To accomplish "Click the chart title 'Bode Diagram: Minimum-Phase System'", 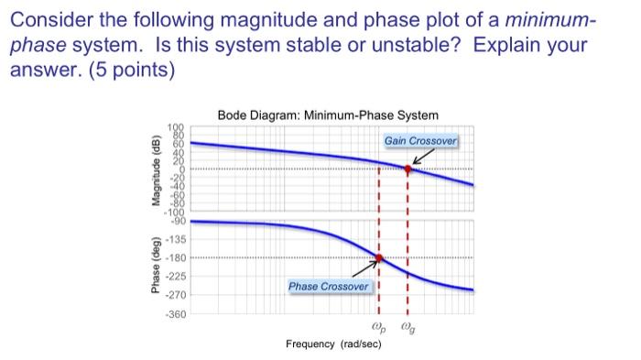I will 328,115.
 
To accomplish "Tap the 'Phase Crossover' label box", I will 329,287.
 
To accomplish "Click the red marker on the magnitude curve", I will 407,169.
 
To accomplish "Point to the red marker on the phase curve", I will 378,257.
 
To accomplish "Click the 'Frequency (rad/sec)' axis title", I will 333,344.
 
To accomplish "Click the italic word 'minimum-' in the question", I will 545,19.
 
